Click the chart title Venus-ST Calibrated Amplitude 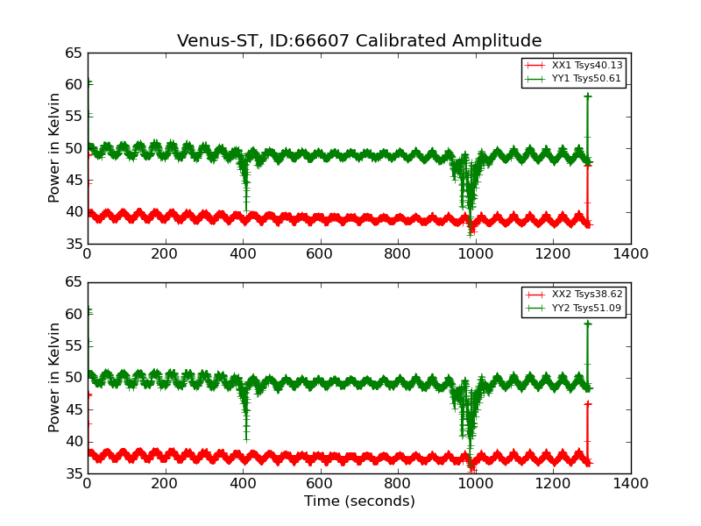click(x=359, y=41)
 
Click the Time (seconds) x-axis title click(x=359, y=501)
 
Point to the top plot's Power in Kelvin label click(x=55, y=147)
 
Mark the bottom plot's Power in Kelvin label click(x=55, y=377)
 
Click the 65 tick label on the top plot click(x=73, y=53)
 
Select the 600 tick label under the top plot click(x=321, y=254)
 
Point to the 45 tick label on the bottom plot click(x=73, y=409)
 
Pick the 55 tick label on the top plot click(x=73, y=117)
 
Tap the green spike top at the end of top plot click(x=587, y=96)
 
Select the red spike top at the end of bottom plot click(x=587, y=403)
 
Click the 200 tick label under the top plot click(x=165, y=254)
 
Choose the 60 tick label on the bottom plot click(x=73, y=314)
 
